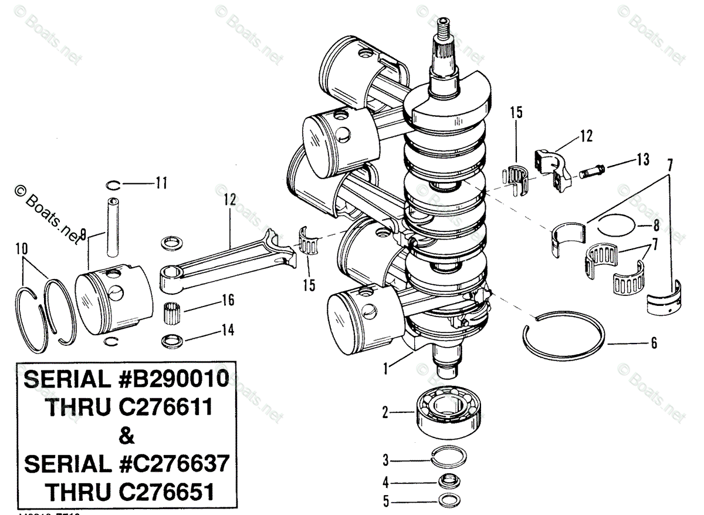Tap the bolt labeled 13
[591, 172]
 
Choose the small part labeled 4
[448, 482]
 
